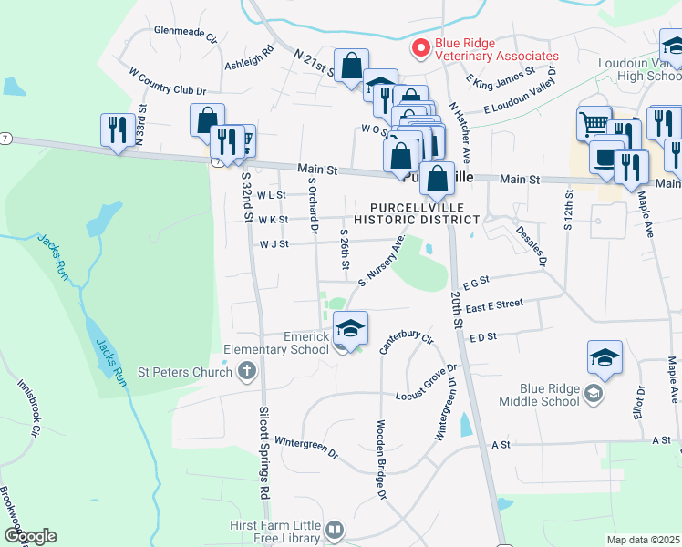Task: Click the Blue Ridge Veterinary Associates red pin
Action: [x=421, y=48]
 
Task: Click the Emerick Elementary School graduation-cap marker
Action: [x=350, y=327]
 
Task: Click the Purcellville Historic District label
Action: [x=416, y=213]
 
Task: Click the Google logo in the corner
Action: [x=30, y=536]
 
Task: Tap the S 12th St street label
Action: [x=568, y=211]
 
